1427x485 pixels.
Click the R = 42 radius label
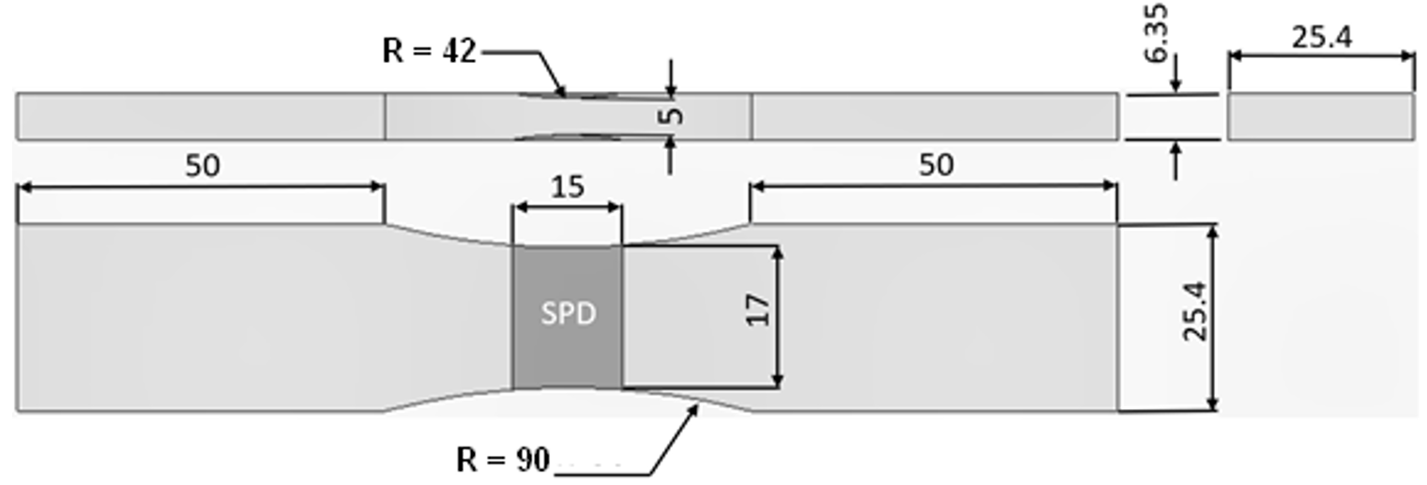coord(429,51)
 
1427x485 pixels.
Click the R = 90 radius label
coord(503,461)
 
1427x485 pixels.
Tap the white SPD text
coord(568,314)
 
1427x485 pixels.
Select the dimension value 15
coord(567,186)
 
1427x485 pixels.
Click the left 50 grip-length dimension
coord(202,166)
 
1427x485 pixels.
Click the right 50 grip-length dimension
coord(935,165)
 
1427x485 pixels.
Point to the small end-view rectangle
coord(1320,116)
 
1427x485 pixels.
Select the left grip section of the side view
coord(201,116)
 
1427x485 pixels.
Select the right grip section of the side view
coord(934,116)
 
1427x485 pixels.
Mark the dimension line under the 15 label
coord(567,206)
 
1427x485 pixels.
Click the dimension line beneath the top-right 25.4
coord(1320,56)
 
